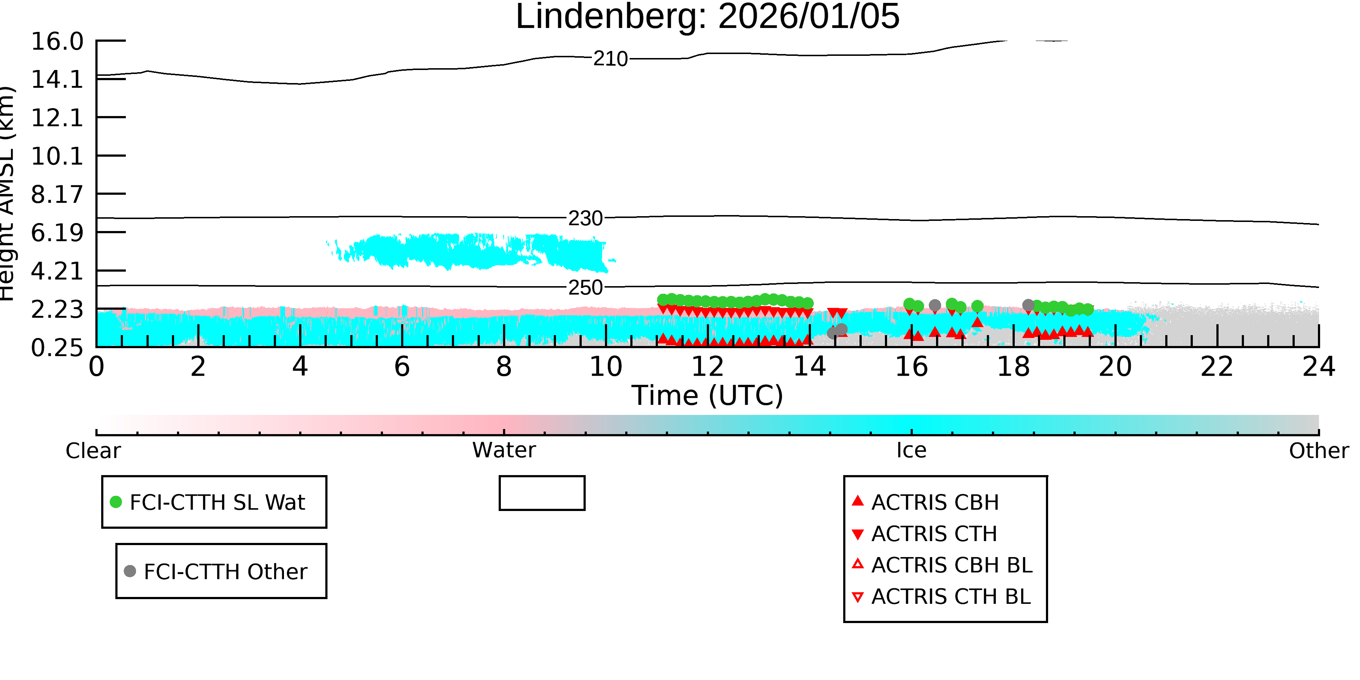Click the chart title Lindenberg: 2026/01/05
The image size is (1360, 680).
click(x=708, y=17)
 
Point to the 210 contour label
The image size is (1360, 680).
click(x=610, y=59)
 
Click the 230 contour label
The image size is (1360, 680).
click(x=585, y=218)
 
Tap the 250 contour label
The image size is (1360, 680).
click(x=585, y=287)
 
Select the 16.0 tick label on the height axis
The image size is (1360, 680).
click(x=57, y=41)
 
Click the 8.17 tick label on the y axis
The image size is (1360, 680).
click(x=57, y=194)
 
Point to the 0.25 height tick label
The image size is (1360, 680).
click(x=57, y=347)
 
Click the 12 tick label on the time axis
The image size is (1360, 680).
click(x=708, y=366)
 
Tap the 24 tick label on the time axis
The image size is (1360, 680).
click(x=1318, y=366)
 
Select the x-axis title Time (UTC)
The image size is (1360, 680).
click(x=708, y=395)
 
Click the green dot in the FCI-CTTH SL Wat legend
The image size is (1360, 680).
click(x=116, y=502)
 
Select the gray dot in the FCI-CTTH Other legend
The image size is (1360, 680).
click(x=130, y=571)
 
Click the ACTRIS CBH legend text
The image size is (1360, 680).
click(x=935, y=502)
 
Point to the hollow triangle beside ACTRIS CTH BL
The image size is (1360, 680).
click(x=858, y=597)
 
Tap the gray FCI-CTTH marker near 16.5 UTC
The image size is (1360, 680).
click(x=935, y=305)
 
